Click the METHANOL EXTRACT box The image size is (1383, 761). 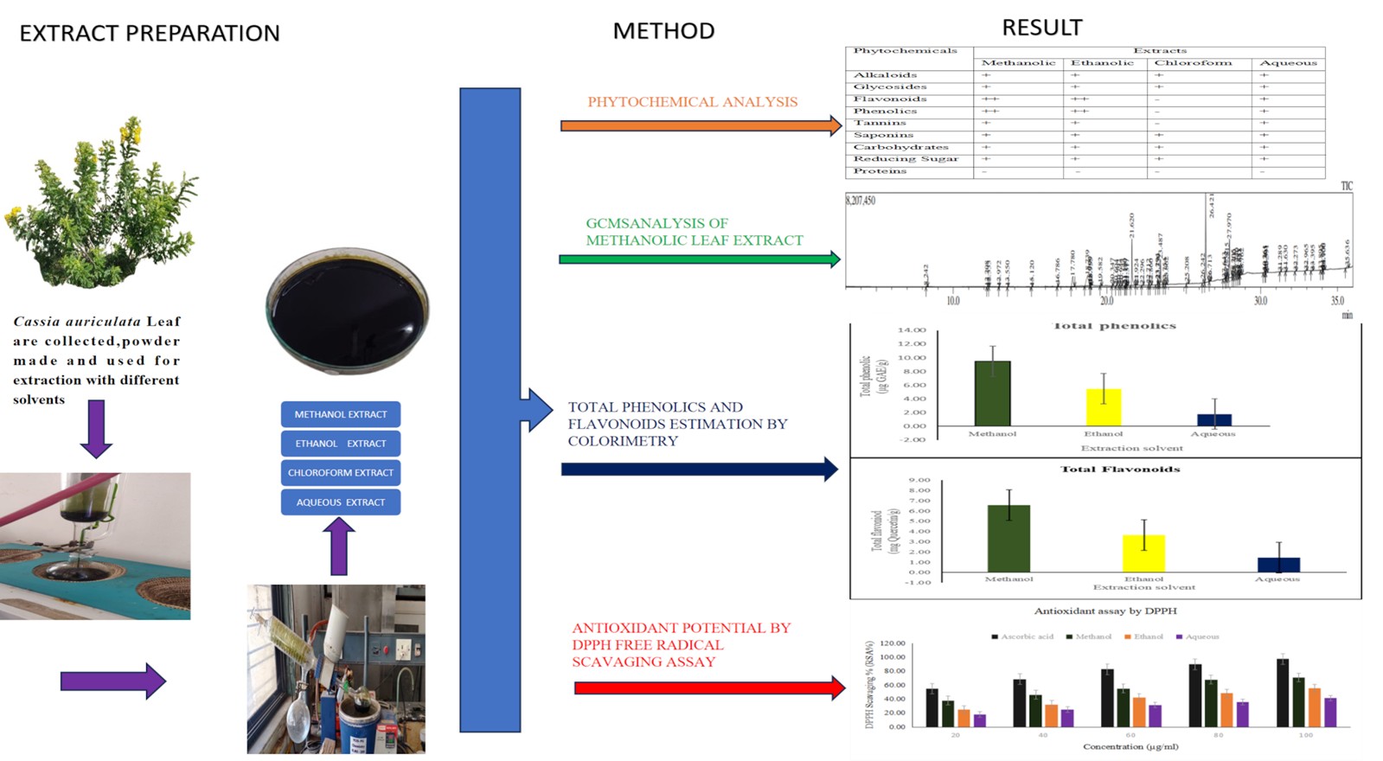tap(341, 414)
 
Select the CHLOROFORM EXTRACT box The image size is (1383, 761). tap(341, 473)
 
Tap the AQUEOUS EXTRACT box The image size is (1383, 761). tap(341, 502)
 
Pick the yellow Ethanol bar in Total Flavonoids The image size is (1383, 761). tap(1143, 553)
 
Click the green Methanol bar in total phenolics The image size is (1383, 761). tap(992, 393)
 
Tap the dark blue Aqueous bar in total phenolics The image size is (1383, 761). tap(1213, 420)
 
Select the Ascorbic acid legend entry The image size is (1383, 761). tap(1022, 636)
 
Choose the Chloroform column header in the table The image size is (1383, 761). tap(1193, 63)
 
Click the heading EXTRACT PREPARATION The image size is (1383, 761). tap(150, 34)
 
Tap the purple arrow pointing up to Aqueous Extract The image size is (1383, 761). tap(339, 547)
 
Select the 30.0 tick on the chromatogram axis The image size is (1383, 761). tap(1260, 301)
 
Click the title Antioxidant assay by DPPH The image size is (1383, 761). tap(1105, 611)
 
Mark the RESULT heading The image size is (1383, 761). tap(1041, 29)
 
